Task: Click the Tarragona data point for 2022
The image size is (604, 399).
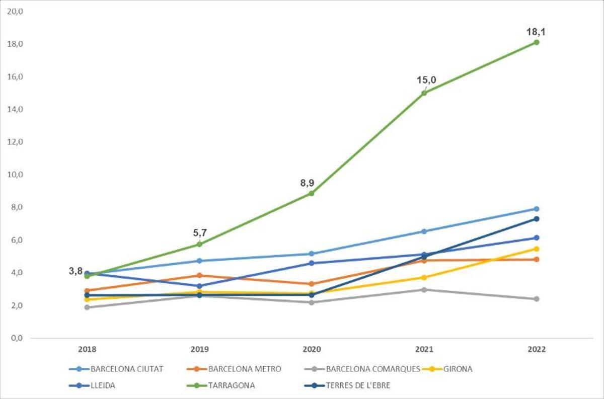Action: (537, 42)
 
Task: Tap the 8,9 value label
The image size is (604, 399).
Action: (308, 183)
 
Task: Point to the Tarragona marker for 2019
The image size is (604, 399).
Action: (199, 244)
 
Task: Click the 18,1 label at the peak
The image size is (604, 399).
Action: (536, 32)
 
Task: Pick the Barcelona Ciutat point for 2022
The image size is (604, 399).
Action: (537, 209)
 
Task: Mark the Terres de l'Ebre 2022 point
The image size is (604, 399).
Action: (537, 219)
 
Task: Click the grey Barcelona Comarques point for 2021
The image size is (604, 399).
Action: (424, 290)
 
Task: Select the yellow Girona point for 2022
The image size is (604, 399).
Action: (537, 249)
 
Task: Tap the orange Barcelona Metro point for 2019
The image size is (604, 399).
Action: (199, 275)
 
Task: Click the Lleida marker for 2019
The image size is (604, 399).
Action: (199, 286)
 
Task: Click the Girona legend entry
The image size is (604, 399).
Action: (458, 369)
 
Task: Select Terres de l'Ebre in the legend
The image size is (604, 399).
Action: (358, 386)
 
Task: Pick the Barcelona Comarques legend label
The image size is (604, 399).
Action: (373, 369)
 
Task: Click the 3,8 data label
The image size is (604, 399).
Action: (76, 271)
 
